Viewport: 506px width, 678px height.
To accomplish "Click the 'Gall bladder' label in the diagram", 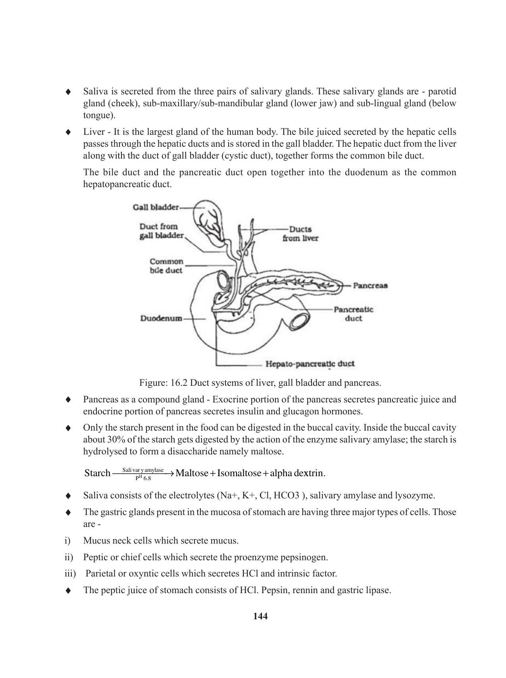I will point(156,207).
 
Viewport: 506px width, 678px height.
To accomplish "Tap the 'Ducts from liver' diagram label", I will point(300,234).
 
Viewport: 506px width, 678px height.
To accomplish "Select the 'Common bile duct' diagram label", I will point(166,266).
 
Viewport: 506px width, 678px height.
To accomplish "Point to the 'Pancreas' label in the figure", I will point(370,285).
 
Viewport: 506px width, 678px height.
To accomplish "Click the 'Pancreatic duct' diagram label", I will point(353,314).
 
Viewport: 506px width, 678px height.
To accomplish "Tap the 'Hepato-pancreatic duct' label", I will point(310,364).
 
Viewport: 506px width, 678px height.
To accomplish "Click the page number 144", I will point(260,616).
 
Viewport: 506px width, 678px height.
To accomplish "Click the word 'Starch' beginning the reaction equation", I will point(97,473).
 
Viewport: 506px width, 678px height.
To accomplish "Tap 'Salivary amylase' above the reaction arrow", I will point(143,470).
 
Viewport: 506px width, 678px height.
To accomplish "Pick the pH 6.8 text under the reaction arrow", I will point(143,479).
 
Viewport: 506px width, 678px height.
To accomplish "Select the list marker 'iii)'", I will point(70,574).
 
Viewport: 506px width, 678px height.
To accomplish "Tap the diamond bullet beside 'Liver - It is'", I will point(68,132).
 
